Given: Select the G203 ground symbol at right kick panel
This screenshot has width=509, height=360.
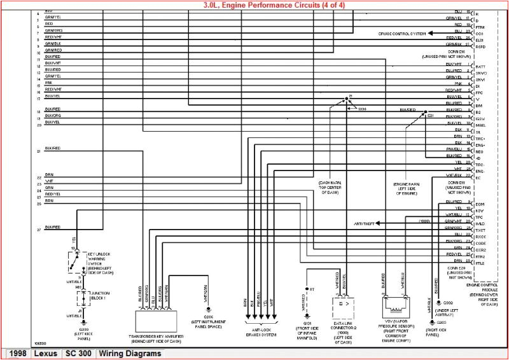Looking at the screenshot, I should (x=433, y=322).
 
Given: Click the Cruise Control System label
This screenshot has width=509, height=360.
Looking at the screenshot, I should (x=403, y=33).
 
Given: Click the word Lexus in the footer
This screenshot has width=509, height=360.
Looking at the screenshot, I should (x=46, y=354).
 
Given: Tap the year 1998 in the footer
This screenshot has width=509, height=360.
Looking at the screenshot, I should (x=17, y=354).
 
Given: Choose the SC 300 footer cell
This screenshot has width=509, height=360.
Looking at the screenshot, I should (x=79, y=354).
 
